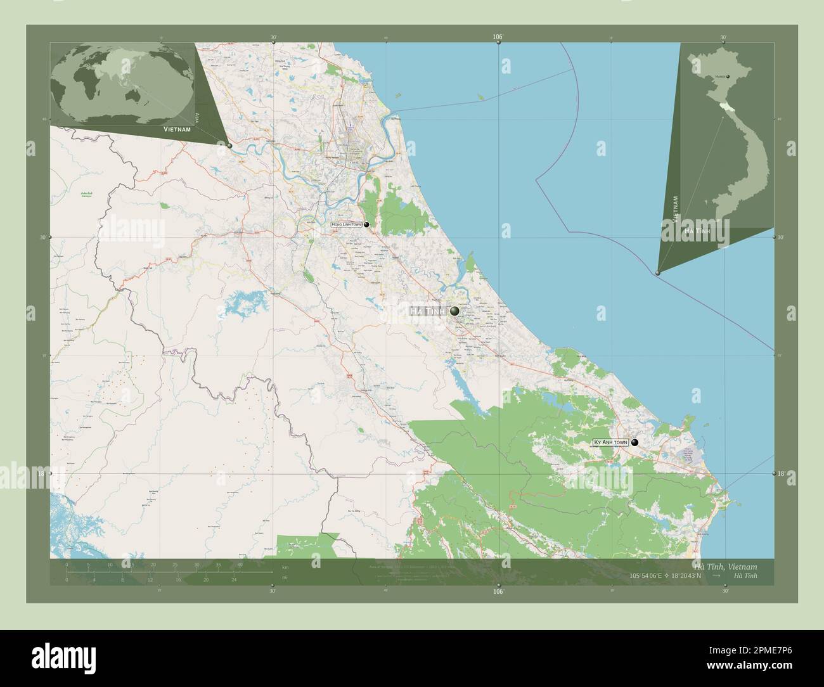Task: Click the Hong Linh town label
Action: click(346, 224)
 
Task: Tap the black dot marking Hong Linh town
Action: click(366, 224)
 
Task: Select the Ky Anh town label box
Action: click(610, 442)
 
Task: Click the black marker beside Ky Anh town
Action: click(634, 443)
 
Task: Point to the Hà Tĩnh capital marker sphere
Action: click(454, 311)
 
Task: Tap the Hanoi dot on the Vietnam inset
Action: click(728, 77)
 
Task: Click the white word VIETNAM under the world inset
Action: click(177, 129)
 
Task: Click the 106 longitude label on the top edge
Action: click(498, 38)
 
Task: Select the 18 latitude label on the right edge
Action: click(781, 473)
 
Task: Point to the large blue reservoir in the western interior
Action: click(238, 304)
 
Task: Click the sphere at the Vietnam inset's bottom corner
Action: click(657, 273)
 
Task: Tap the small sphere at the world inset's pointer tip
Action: click(229, 146)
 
